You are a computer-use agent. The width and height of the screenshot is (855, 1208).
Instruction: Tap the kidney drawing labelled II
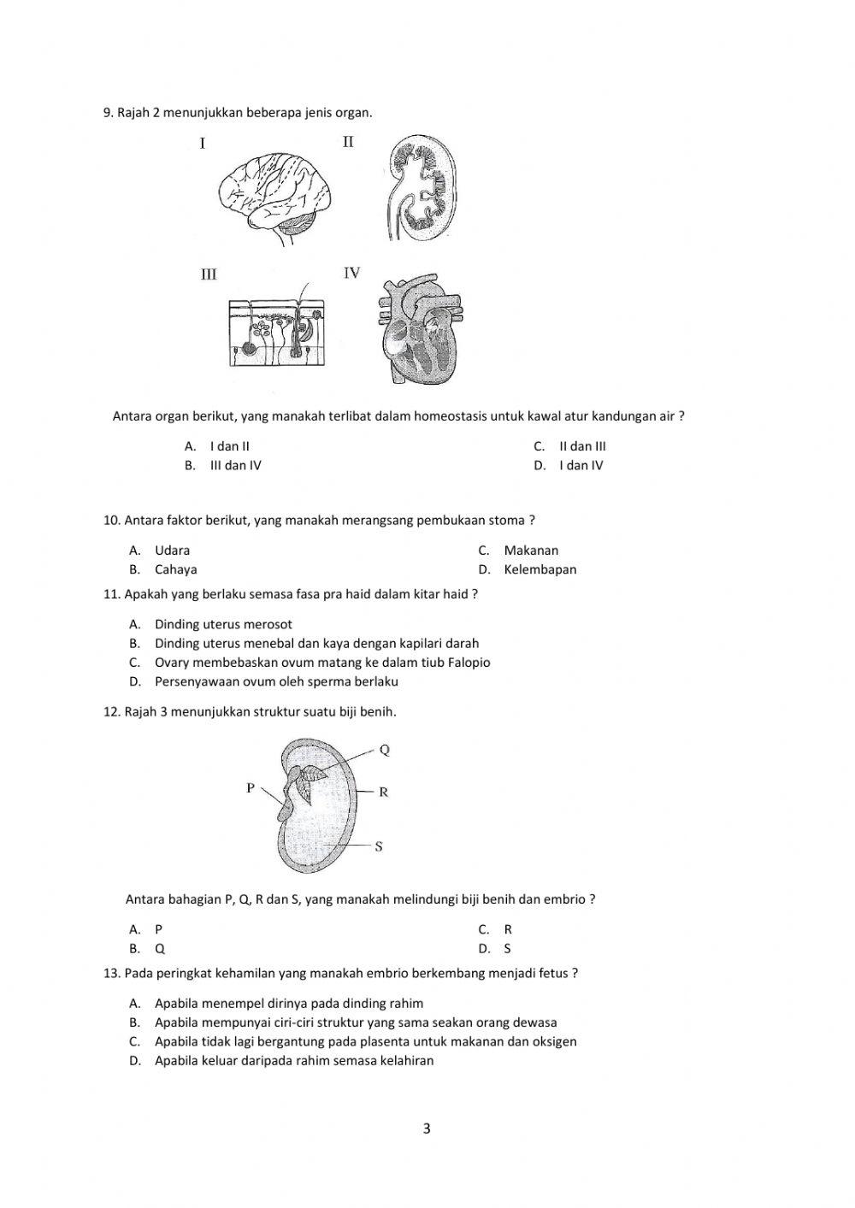point(422,186)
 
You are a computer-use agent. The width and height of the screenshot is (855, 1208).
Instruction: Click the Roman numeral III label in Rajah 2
point(209,274)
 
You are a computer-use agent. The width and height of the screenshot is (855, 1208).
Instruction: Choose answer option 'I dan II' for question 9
point(229,446)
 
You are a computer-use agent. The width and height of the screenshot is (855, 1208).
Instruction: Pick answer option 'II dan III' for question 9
point(582,446)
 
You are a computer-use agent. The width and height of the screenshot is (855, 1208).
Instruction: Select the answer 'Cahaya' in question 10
point(175,569)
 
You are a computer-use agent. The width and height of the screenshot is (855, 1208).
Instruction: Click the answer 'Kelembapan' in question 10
point(540,569)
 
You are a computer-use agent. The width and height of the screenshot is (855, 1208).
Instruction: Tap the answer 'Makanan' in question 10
point(530,551)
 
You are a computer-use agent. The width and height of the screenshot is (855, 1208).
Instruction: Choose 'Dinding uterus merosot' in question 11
point(223,624)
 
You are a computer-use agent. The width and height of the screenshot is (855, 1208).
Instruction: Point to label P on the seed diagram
point(251,787)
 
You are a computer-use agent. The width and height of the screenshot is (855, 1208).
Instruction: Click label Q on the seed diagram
point(385,750)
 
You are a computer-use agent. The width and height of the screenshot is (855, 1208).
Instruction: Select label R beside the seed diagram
point(383,792)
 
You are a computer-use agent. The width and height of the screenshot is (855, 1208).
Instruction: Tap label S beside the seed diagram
point(379,846)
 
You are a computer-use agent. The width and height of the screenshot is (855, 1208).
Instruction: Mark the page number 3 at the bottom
point(427,1128)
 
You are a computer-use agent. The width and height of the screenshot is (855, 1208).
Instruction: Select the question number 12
point(111,711)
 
